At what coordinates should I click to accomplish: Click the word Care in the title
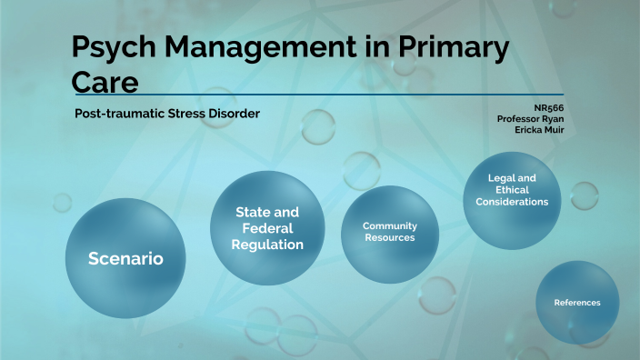point(105,82)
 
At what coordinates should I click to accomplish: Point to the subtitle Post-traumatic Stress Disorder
point(167,114)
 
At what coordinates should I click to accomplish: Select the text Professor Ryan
point(530,118)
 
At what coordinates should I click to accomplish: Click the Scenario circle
point(125,258)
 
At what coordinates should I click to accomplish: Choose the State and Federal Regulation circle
point(267,227)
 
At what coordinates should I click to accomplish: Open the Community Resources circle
point(389,231)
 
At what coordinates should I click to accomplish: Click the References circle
point(577,303)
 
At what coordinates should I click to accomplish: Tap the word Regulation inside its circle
point(267,245)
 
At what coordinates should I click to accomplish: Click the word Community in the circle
point(389,225)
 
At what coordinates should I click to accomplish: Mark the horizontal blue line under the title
point(318,94)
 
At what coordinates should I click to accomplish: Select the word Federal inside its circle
point(267,228)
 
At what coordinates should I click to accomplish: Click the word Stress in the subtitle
point(193,114)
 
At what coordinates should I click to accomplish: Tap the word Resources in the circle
point(389,237)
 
